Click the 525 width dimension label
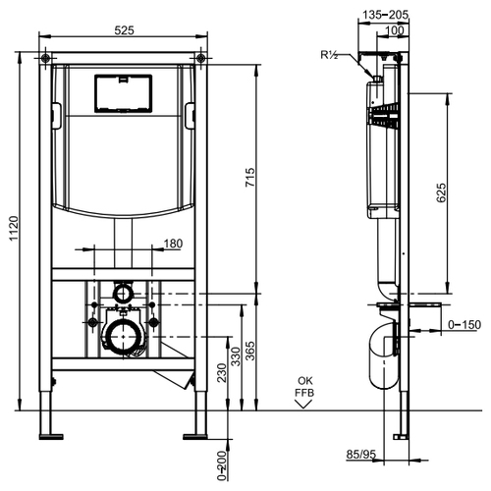point(124,30)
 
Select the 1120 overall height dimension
point(14,228)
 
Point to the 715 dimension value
point(250,177)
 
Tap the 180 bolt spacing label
point(173,244)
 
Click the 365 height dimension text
point(250,351)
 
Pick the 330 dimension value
point(236,356)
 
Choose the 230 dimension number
point(222,372)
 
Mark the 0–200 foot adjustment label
point(222,465)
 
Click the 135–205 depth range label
point(386,15)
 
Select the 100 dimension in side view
point(395,30)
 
